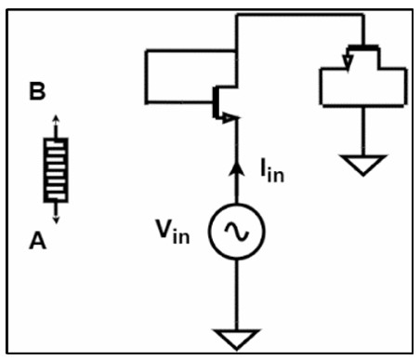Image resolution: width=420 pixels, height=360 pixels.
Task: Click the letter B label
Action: point(37,91)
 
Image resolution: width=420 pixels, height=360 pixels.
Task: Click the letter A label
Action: point(37,241)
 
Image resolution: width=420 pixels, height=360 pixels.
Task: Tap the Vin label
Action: point(173,232)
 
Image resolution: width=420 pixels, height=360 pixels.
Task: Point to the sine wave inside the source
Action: point(237,232)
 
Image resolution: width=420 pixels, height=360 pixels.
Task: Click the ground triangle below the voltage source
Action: point(236,340)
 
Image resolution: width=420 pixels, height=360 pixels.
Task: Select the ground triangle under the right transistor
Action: point(363,165)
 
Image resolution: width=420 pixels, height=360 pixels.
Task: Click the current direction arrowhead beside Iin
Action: point(237,169)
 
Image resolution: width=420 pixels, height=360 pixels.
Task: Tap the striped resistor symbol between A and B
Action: point(56,170)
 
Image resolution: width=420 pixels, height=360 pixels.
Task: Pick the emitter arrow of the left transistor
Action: point(230,118)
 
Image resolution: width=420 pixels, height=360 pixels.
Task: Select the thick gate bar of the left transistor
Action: point(216,102)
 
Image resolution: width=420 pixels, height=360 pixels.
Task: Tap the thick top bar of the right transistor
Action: point(363,48)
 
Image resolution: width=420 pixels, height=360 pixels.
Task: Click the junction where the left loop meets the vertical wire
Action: point(237,50)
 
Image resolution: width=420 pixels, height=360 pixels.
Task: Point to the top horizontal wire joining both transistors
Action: point(300,15)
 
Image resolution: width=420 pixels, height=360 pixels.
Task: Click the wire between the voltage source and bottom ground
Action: point(237,295)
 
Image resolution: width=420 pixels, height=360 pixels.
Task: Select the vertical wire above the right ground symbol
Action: point(363,131)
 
